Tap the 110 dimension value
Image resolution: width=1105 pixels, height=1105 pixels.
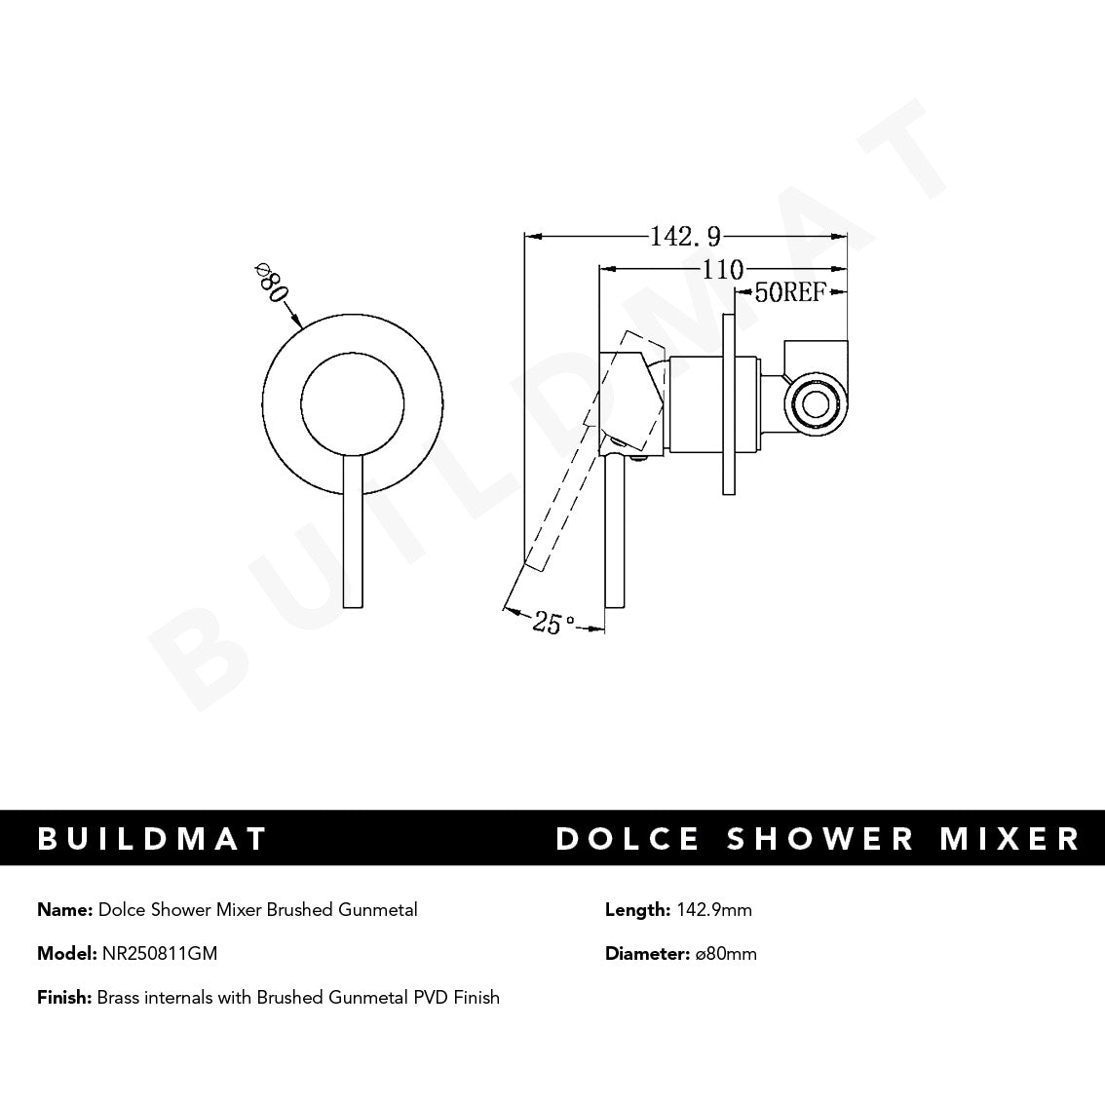coord(722,269)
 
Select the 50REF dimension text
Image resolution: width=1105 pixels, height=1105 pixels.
coord(790,292)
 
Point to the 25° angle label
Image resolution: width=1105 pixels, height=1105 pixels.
coord(552,622)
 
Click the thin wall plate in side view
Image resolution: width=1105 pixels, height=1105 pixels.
coord(729,404)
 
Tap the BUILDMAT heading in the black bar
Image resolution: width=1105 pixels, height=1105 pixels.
coord(152,838)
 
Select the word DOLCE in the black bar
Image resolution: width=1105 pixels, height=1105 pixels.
coord(628,838)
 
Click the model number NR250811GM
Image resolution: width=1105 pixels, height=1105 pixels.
coord(159,953)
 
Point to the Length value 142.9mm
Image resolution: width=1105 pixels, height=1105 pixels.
coord(712,910)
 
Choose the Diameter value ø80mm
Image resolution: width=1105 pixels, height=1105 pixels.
coord(726,953)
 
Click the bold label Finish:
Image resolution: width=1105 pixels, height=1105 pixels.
coord(64,997)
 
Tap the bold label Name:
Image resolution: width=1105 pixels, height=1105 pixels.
coord(65,910)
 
